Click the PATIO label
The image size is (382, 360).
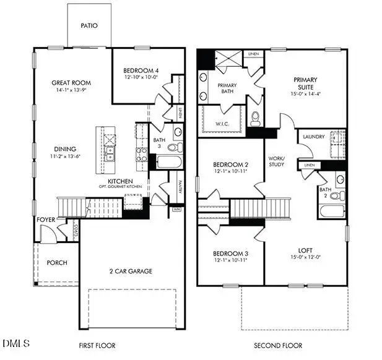[x=89, y=26]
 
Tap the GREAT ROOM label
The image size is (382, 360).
[x=71, y=83]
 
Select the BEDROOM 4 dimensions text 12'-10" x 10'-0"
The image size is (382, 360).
[x=142, y=78]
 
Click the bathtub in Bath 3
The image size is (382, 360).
[x=168, y=162]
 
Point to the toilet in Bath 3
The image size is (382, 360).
[x=175, y=147]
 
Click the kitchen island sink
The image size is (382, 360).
[x=110, y=152]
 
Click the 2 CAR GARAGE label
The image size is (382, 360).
[x=131, y=271]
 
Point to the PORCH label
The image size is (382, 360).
[x=57, y=263]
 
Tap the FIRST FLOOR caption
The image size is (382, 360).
[x=97, y=345]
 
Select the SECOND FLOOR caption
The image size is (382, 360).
[x=272, y=345]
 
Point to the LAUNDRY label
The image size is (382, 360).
[x=314, y=137]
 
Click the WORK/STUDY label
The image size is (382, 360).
[x=276, y=161]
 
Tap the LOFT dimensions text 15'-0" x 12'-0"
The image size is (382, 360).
[x=305, y=257]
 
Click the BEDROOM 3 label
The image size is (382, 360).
[x=230, y=254]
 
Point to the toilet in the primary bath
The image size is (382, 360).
[x=255, y=118]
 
